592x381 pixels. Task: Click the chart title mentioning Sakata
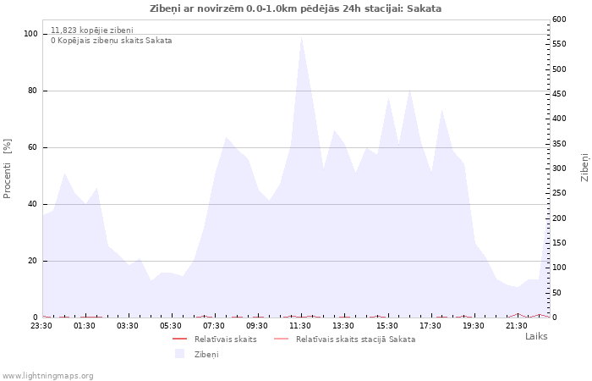(x=295, y=8)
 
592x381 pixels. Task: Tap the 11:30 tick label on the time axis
(x=300, y=326)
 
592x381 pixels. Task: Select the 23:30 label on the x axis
(x=41, y=326)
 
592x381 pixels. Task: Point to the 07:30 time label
(x=214, y=326)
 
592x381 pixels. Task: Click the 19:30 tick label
(x=473, y=326)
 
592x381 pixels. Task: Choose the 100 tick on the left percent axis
(x=31, y=34)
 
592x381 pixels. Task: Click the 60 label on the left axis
(x=33, y=147)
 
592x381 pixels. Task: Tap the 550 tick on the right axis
(x=559, y=44)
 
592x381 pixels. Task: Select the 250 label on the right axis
(x=559, y=193)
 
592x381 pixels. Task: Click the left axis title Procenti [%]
(x=7, y=168)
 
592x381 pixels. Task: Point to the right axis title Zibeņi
(x=584, y=168)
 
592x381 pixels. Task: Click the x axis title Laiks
(x=536, y=336)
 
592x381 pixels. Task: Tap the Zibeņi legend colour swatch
(x=179, y=354)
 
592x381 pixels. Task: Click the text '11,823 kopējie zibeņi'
(x=92, y=30)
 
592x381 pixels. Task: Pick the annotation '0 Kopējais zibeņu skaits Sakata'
(x=112, y=41)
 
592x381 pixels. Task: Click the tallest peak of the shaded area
(x=301, y=37)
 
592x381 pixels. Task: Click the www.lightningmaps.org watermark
(x=47, y=376)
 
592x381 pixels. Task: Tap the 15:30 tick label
(x=386, y=326)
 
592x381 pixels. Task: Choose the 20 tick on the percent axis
(x=33, y=261)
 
